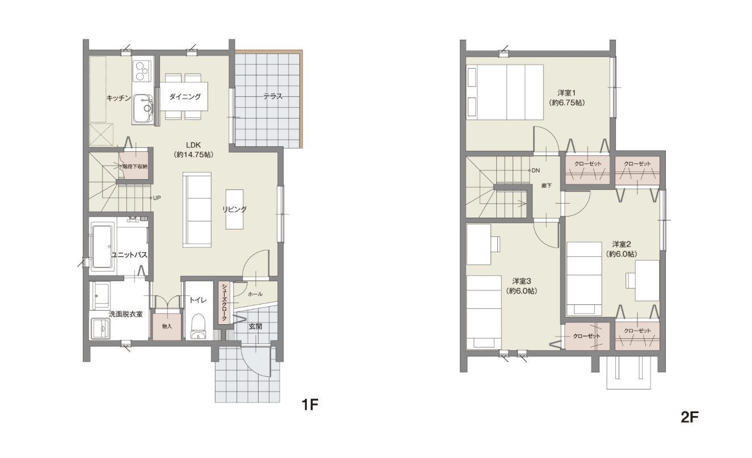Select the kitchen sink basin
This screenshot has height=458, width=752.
pyautogui.click(x=142, y=109)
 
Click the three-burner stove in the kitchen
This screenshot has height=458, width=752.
pyautogui.click(x=143, y=70)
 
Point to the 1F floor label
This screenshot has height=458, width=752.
pyautogui.click(x=310, y=405)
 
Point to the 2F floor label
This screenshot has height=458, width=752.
pyautogui.click(x=690, y=417)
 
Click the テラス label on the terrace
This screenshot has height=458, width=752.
pyautogui.click(x=273, y=96)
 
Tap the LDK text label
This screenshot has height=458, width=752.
pyautogui.click(x=193, y=145)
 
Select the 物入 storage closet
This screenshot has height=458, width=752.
pyautogui.click(x=167, y=326)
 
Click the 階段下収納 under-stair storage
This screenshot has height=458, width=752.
pyautogui.click(x=134, y=166)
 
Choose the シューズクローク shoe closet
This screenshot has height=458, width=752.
pyautogui.click(x=224, y=302)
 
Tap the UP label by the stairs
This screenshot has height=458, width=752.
pyautogui.click(x=157, y=198)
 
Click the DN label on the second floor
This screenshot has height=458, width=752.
pyautogui.click(x=536, y=171)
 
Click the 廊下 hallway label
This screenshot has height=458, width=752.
pyautogui.click(x=547, y=185)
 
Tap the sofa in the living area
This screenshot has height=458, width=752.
pyautogui.click(x=197, y=210)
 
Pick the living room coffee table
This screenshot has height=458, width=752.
pyautogui.click(x=234, y=209)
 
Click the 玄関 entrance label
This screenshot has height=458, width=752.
pyautogui.click(x=255, y=326)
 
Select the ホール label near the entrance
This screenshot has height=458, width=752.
pyautogui.click(x=255, y=294)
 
